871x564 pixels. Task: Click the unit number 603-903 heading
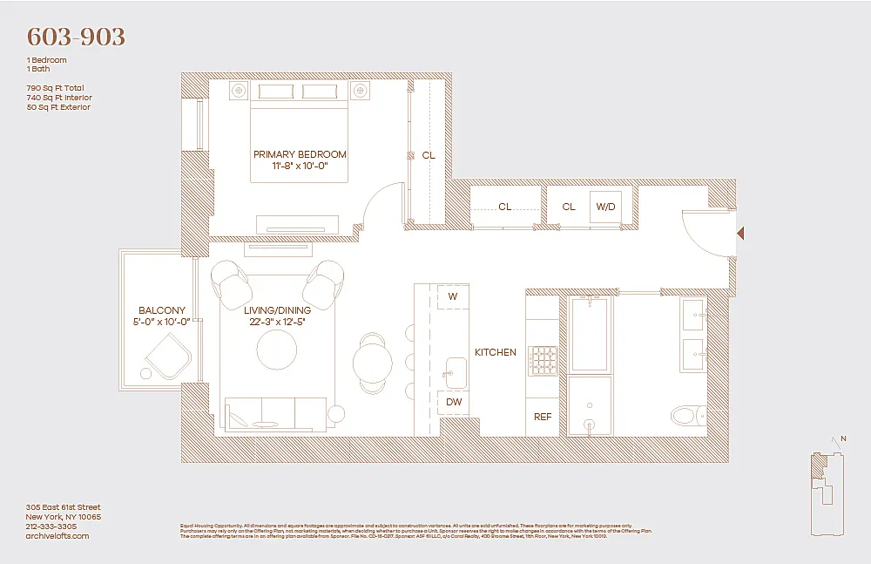coord(77,37)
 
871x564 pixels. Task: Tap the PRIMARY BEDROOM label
coord(300,154)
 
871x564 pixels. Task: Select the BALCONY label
coord(162,310)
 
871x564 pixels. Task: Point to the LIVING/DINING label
coord(275,310)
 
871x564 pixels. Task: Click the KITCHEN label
coord(495,352)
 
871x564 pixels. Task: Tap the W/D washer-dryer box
coord(605,207)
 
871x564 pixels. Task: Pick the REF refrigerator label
coord(543,417)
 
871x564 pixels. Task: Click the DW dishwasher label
coord(454,402)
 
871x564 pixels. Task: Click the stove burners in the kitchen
coord(543,359)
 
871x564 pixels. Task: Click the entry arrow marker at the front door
coord(740,234)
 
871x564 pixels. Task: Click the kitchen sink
coord(454,370)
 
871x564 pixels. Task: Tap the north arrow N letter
coord(842,438)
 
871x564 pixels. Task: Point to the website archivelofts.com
coord(58,536)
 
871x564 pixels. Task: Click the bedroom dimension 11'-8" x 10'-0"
coord(300,166)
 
